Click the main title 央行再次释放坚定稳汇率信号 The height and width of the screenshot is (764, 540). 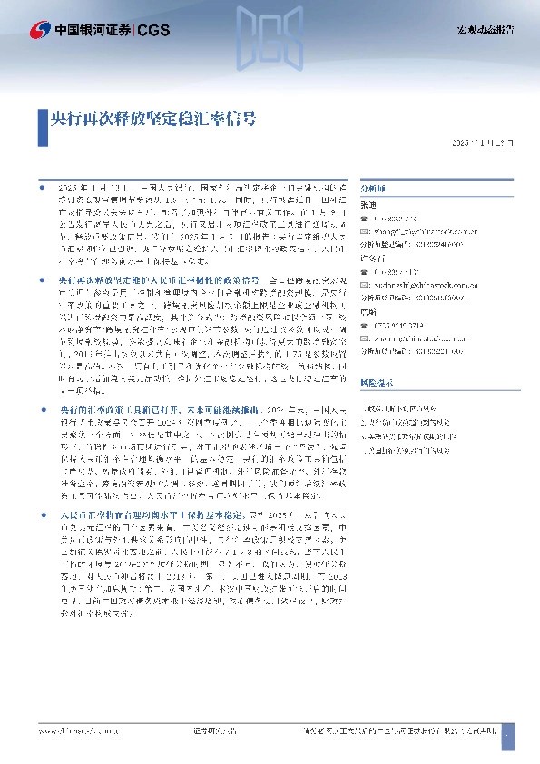pyautogui.click(x=152, y=118)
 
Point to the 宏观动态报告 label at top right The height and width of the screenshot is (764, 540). pyautogui.click(x=485, y=30)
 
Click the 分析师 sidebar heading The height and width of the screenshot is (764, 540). pyautogui.click(x=373, y=188)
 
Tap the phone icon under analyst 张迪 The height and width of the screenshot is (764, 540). pyautogui.click(x=363, y=219)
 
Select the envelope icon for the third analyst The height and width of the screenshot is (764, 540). pyautogui.click(x=363, y=337)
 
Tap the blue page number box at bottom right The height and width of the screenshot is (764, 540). pyautogui.click(x=507, y=731)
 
